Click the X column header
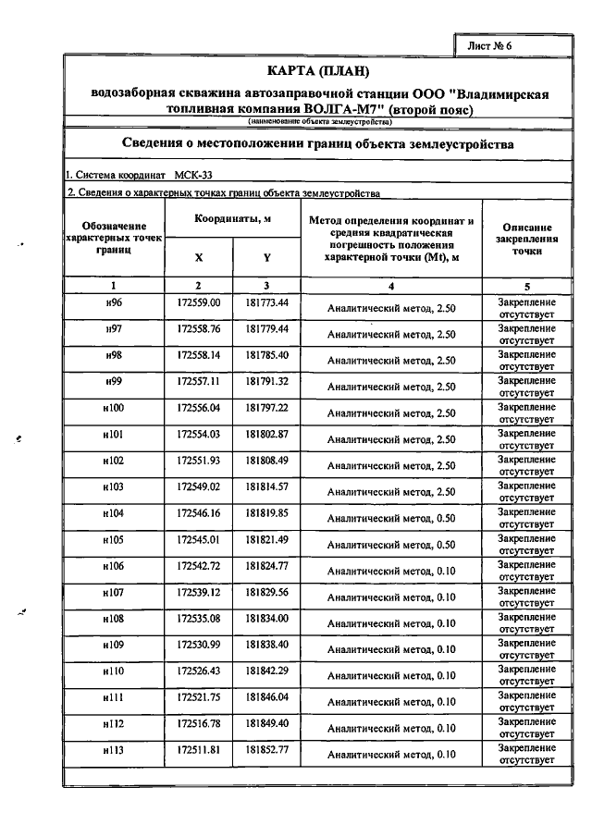click(x=198, y=257)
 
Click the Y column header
click(x=266, y=257)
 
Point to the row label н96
click(x=114, y=303)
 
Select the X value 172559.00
click(x=198, y=303)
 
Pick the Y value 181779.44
click(x=266, y=329)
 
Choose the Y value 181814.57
click(x=266, y=486)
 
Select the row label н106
click(x=114, y=565)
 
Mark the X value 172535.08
click(x=198, y=618)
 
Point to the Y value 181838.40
click(x=266, y=644)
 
